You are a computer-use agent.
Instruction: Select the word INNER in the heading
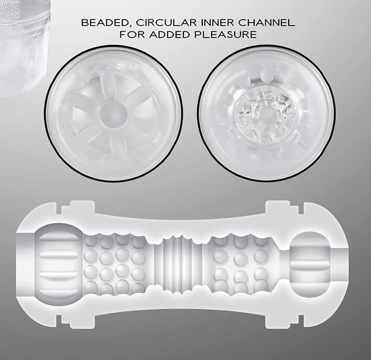click(x=217, y=23)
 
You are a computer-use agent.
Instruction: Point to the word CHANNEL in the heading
click(x=266, y=23)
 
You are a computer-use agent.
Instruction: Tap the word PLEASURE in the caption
click(x=225, y=35)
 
